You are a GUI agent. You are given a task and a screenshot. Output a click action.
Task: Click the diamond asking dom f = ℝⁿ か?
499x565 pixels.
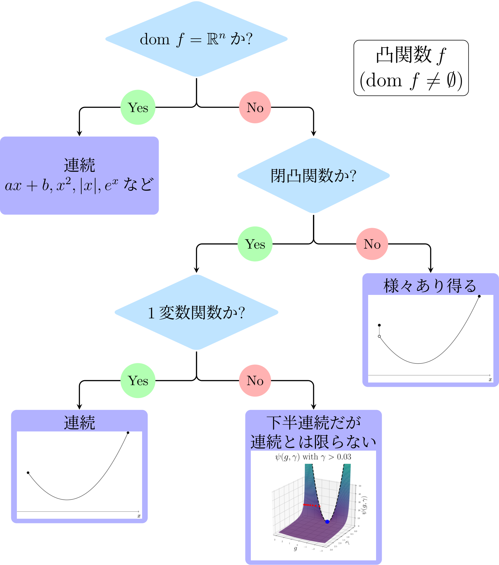point(196,39)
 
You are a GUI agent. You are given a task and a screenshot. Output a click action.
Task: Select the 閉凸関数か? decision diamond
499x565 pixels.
point(313,176)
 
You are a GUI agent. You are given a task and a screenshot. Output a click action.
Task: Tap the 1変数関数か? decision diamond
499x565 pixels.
point(196,312)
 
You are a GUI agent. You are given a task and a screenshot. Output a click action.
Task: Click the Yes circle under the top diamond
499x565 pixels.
point(138,107)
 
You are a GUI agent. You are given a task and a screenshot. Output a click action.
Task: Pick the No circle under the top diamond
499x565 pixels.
point(255,107)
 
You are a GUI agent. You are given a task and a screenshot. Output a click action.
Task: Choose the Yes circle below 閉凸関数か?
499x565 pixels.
point(255,244)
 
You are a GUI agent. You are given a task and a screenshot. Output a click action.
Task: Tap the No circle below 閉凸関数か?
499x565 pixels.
point(372,244)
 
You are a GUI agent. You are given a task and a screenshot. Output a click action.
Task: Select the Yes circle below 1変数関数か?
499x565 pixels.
point(138,381)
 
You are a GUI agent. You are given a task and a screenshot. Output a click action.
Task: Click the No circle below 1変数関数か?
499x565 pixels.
point(255,381)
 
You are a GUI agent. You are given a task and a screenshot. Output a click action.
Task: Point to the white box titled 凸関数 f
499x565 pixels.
point(411,68)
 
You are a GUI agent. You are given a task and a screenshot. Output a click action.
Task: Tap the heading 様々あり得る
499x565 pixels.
point(430,286)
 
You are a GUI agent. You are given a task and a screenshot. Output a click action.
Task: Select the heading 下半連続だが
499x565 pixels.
point(313,423)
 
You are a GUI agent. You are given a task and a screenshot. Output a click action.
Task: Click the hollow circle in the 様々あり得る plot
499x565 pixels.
point(379,336)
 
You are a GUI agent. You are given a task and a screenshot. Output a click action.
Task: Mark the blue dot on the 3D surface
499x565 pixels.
point(327,522)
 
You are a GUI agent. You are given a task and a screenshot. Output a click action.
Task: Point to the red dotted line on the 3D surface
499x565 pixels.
point(312,505)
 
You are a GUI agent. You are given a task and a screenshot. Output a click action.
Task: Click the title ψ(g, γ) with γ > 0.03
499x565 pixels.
point(313,457)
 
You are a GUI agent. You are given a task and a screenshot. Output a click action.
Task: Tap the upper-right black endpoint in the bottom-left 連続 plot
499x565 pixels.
point(128,432)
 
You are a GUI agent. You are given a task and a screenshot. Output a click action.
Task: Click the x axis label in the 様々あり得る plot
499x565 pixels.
point(490,380)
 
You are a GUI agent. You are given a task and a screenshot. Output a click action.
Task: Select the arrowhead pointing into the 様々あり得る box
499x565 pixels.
point(431,271)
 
